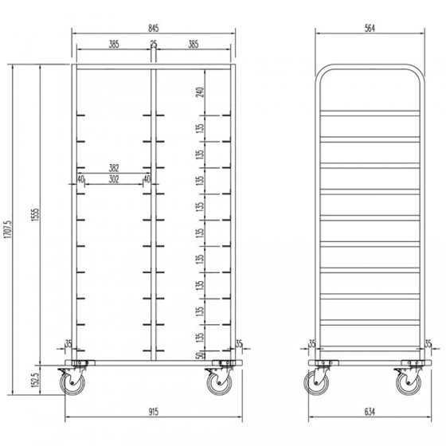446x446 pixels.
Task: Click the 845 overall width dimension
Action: click(x=153, y=29)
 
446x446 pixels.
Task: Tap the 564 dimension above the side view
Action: click(x=370, y=29)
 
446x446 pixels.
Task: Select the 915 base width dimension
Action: click(x=153, y=412)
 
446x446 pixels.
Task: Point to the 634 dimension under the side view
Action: click(x=370, y=412)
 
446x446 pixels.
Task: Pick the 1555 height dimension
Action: click(x=36, y=215)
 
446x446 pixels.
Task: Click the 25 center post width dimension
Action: click(x=154, y=44)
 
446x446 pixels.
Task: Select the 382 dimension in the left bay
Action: click(x=114, y=168)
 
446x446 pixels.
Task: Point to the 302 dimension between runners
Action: click(x=114, y=179)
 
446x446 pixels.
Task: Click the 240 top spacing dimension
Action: click(x=200, y=92)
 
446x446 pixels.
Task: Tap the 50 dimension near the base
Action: click(x=201, y=355)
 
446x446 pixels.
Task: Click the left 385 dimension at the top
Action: click(x=114, y=45)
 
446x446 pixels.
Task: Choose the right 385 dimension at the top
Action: click(x=193, y=45)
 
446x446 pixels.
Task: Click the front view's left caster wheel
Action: click(x=72, y=383)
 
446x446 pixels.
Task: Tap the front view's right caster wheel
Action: click(x=219, y=383)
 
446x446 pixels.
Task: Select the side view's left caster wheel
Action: click(x=316, y=383)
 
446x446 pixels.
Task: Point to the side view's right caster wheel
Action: click(x=409, y=383)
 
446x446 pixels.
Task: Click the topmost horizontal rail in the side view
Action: click(x=370, y=113)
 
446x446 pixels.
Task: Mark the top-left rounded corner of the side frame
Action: click(x=321, y=71)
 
